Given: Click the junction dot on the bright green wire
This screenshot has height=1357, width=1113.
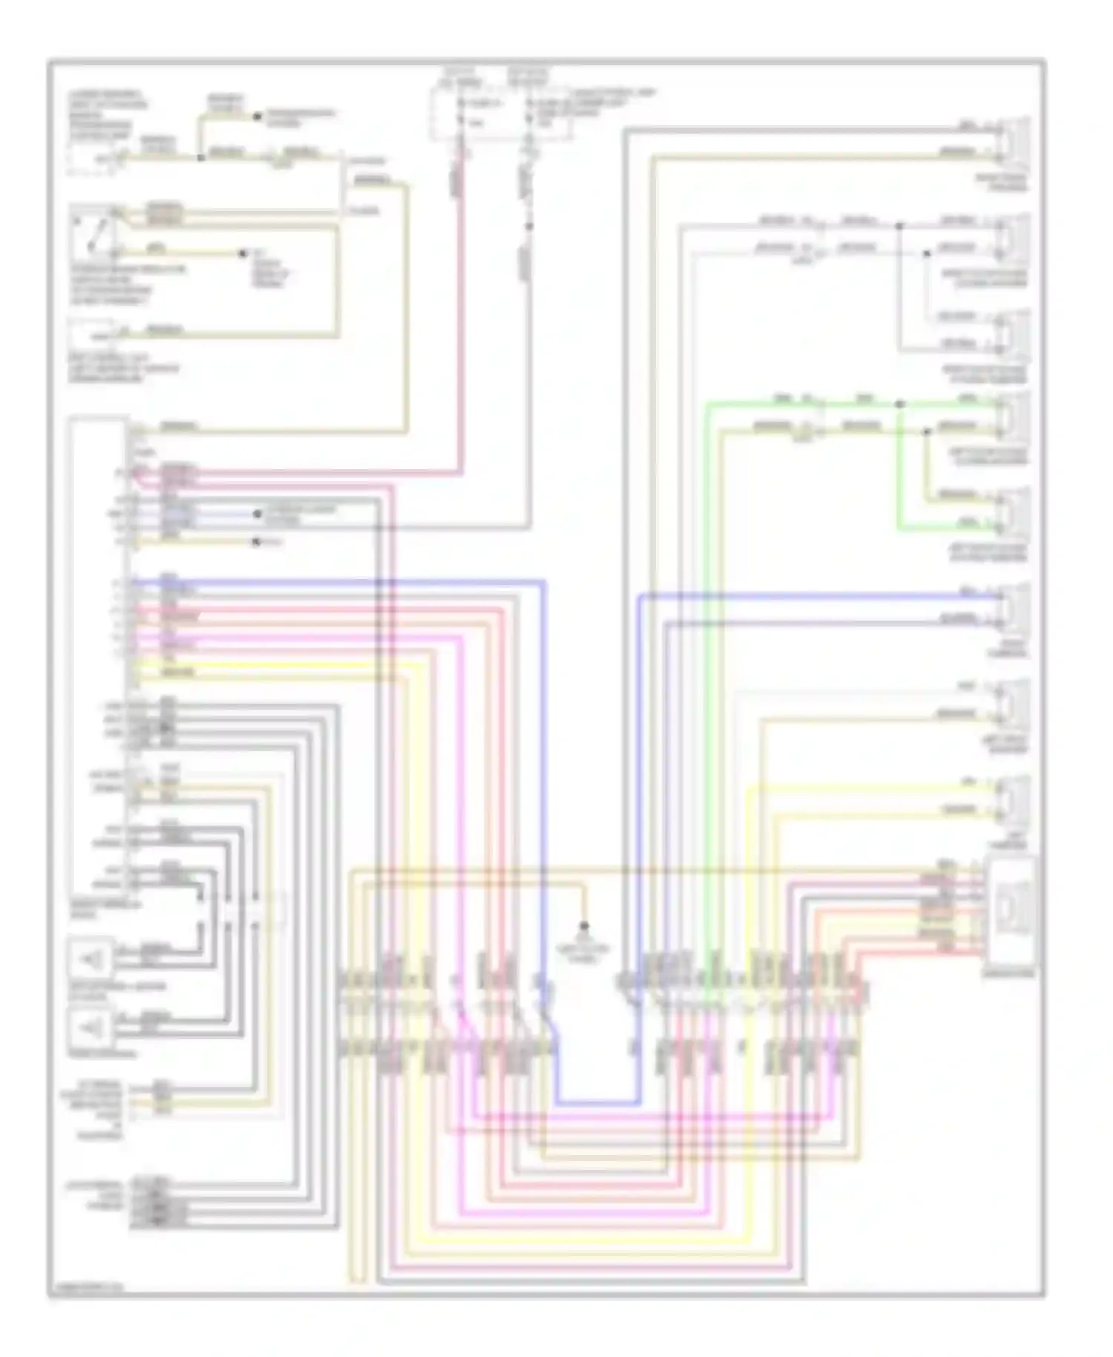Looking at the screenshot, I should (x=899, y=405).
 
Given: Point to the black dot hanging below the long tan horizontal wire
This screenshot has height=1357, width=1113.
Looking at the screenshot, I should (x=584, y=926).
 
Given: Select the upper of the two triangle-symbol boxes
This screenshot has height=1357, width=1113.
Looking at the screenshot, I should (x=91, y=960).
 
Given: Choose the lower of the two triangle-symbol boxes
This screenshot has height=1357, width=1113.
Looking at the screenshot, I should (x=91, y=1028).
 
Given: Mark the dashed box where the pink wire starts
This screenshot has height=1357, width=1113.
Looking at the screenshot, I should (x=464, y=111).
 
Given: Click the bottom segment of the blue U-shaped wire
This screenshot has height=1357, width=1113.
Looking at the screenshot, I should (x=597, y=1102).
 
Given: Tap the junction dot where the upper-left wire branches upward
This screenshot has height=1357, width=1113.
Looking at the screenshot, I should (x=200, y=157).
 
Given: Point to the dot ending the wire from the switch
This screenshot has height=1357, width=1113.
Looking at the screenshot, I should (x=242, y=254).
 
